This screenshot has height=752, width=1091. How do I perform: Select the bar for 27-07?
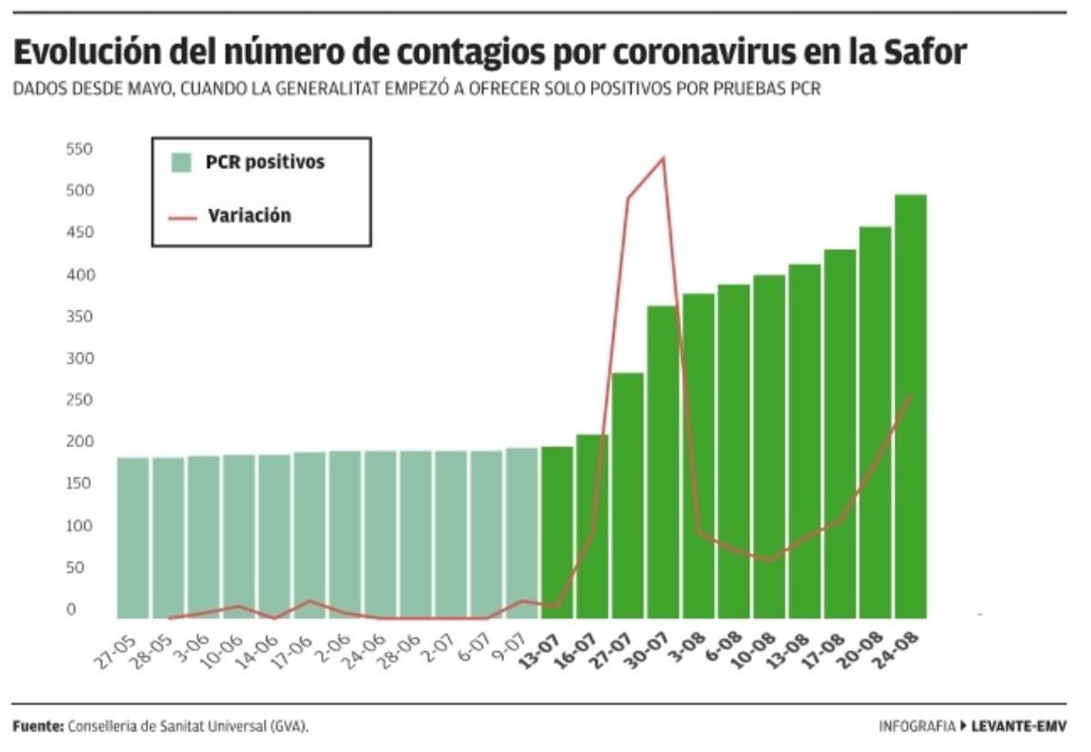(x=627, y=496)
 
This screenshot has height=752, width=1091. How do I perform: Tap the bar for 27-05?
(x=133, y=537)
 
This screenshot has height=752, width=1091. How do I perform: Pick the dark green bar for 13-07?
(x=556, y=532)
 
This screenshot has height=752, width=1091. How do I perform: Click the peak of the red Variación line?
(x=663, y=158)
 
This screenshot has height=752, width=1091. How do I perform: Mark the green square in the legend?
(x=182, y=163)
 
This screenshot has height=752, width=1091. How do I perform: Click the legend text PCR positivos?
(x=265, y=163)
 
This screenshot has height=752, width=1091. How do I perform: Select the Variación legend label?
(x=249, y=216)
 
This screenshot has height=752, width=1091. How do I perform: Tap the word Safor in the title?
(x=926, y=54)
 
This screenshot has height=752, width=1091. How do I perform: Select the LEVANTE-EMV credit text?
(x=1018, y=727)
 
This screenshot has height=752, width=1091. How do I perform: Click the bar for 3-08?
(x=698, y=456)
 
